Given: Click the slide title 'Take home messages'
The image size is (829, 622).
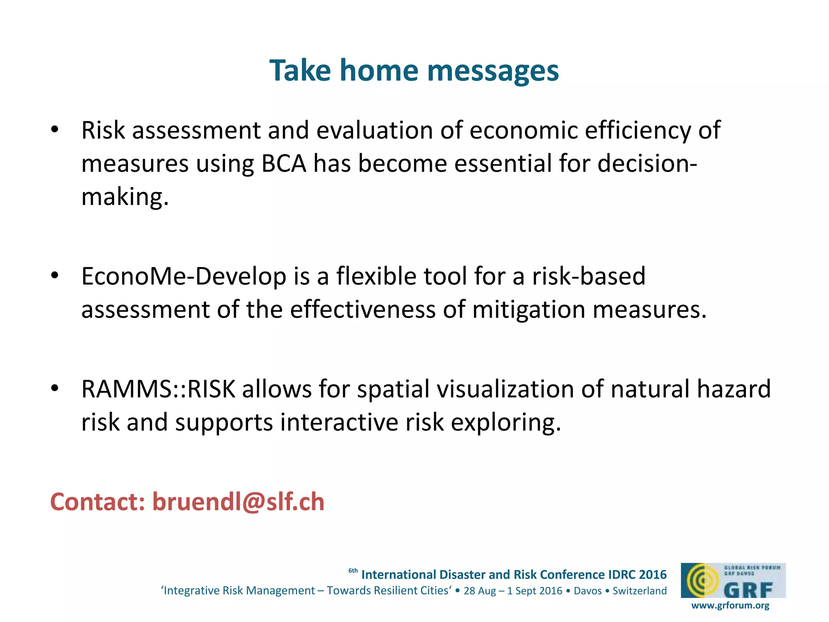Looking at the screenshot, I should (414, 70).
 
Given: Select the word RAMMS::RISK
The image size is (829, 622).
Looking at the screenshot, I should (158, 389).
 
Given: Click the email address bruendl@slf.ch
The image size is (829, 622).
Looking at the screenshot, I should (238, 502).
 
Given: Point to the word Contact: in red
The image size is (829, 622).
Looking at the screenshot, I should (98, 502).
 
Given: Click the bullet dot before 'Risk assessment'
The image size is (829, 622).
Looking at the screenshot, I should (55, 130).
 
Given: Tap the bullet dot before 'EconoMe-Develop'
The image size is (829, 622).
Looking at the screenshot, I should (55, 276).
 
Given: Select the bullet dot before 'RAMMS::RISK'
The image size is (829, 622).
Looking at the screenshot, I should (55, 389).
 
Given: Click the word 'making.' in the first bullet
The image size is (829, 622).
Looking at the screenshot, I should (125, 198).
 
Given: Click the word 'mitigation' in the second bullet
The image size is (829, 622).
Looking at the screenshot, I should (529, 310).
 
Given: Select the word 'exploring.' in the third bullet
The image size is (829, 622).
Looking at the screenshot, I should (506, 422).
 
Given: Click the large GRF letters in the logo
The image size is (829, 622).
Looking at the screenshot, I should (748, 590).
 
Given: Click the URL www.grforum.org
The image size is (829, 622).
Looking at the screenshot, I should (730, 605).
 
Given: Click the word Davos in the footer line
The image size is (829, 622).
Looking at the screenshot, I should (588, 591).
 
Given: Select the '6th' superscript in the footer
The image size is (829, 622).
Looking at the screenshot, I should (353, 571).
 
